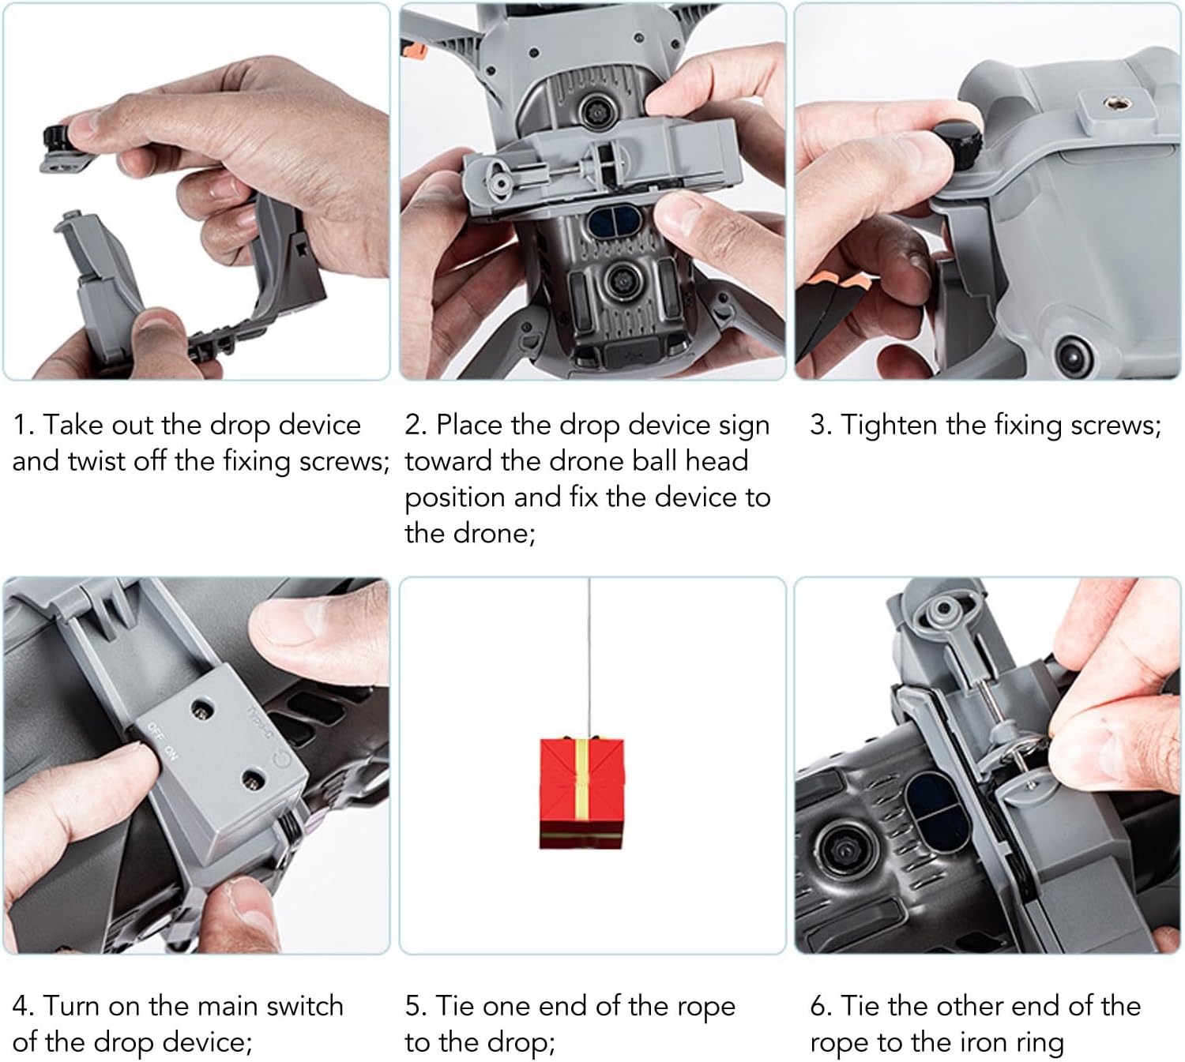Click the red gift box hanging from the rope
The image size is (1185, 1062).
(582, 793)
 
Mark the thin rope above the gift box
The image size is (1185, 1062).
(589, 655)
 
